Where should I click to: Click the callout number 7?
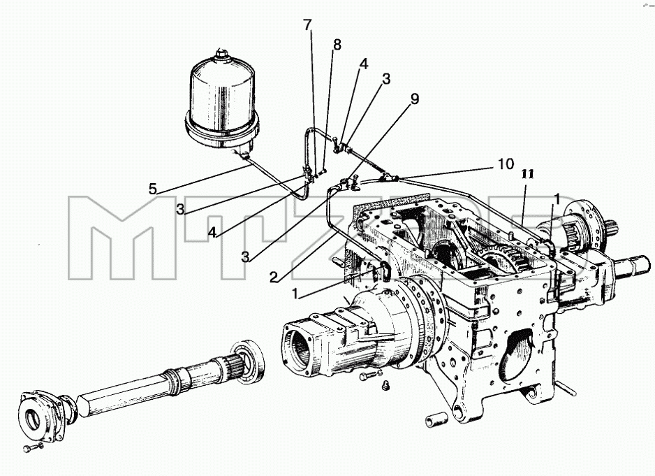click(x=307, y=26)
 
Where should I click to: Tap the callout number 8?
click(x=337, y=44)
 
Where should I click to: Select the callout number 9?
click(x=414, y=99)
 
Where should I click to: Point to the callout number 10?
click(x=506, y=164)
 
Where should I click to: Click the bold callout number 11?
click(x=528, y=174)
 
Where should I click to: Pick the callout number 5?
click(x=154, y=189)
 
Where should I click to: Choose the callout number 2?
click(x=274, y=277)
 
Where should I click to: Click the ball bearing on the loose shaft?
click(x=249, y=360)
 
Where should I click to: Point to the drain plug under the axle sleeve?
click(x=385, y=385)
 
